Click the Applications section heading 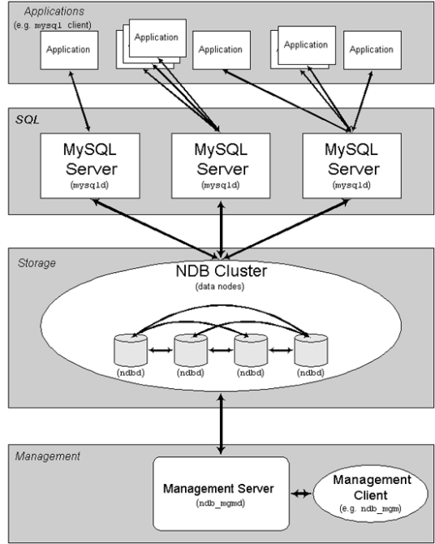[55, 11]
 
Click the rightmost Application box [371, 50]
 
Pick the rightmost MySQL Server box [351, 166]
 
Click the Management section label [48, 456]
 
